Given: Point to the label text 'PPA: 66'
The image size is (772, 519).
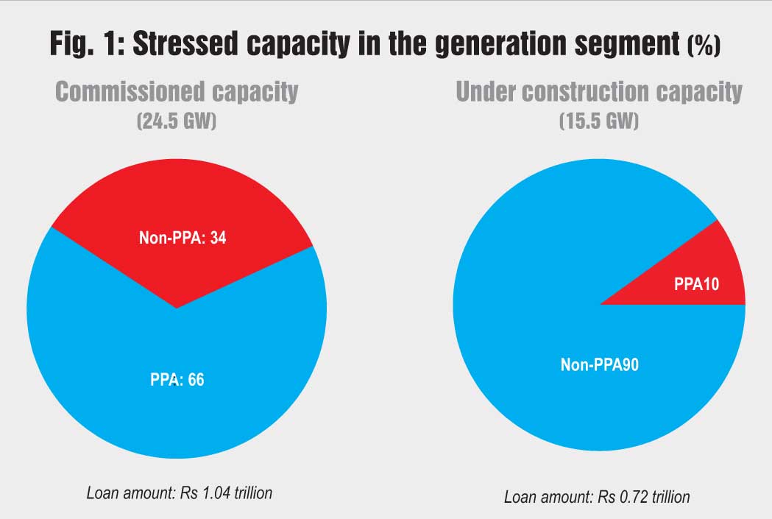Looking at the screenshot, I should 176,381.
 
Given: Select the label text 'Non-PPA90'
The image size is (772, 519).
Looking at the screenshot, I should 599,364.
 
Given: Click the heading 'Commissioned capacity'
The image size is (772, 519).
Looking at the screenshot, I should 177,92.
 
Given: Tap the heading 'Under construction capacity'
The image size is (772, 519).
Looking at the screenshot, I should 599,92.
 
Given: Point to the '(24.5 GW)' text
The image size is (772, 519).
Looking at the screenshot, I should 177,120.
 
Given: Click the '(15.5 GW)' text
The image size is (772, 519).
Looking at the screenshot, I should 599,120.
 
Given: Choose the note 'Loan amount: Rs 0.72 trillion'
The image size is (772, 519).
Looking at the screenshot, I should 597,497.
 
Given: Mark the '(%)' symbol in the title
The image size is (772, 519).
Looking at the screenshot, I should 703,47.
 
